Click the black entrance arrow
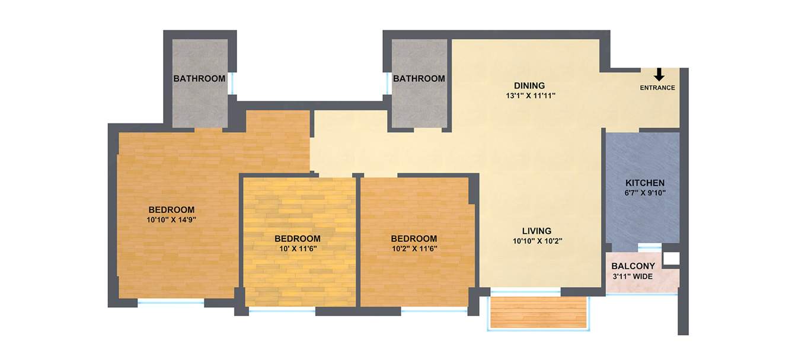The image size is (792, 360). pyautogui.click(x=659, y=75)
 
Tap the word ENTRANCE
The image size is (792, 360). pyautogui.click(x=657, y=88)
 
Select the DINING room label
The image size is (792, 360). pyautogui.click(x=529, y=85)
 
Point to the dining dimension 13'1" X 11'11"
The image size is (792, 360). pyautogui.click(x=529, y=95)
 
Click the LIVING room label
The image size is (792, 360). pyautogui.click(x=536, y=231)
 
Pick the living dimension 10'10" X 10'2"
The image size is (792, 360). pyautogui.click(x=536, y=241)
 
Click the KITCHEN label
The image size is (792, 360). pyautogui.click(x=645, y=183)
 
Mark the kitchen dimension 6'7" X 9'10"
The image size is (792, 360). pyautogui.click(x=645, y=192)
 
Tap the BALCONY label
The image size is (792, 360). pyautogui.click(x=633, y=266)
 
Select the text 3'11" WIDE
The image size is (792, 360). pyautogui.click(x=633, y=276)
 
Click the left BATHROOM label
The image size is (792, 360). pyautogui.click(x=199, y=78)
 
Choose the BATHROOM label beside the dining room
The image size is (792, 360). pyautogui.click(x=419, y=78)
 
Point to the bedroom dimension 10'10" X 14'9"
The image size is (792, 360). pyautogui.click(x=171, y=219)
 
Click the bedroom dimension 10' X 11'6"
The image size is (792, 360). pyautogui.click(x=297, y=249)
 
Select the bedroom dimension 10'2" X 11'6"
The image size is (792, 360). pyautogui.click(x=414, y=249)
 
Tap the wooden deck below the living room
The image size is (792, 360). pyautogui.click(x=538, y=312)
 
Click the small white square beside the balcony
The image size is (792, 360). pyautogui.click(x=672, y=258)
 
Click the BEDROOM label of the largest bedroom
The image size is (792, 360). pyautogui.click(x=171, y=209)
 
